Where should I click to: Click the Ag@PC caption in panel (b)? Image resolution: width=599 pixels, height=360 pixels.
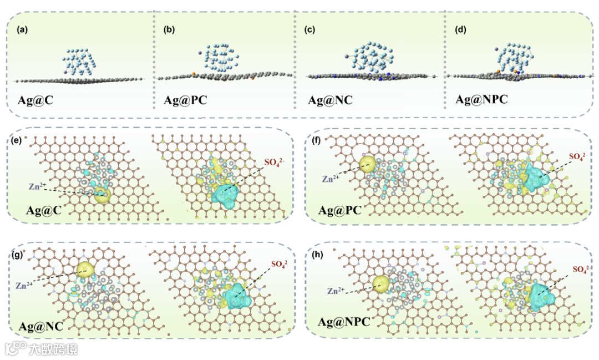[x=181, y=101]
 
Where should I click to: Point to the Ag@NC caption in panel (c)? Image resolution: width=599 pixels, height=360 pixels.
[x=330, y=101]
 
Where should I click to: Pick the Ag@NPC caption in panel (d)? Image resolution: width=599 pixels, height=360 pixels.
[x=481, y=100]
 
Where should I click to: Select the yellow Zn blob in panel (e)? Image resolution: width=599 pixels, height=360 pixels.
[x=102, y=195]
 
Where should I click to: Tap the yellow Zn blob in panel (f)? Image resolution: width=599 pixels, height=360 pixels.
[x=367, y=163]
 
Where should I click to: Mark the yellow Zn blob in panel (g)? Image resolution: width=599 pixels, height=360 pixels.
[x=86, y=269]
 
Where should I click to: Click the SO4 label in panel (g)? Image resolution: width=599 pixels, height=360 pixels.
[x=281, y=263]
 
